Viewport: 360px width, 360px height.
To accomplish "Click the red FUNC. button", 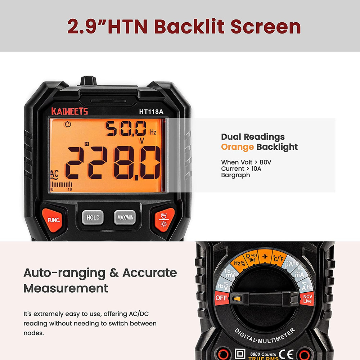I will click(x=54, y=220).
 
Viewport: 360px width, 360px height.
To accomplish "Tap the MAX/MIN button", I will click(x=125, y=217).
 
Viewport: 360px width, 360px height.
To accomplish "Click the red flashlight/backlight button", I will click(x=165, y=220).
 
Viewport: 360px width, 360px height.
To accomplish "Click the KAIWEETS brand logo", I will click(x=69, y=111).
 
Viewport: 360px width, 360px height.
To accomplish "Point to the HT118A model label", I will click(x=151, y=112).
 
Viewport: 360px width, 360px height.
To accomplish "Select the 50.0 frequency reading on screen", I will click(x=126, y=129).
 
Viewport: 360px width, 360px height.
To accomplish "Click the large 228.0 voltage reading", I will click(x=112, y=163).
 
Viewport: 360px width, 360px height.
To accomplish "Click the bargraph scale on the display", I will click(x=62, y=186).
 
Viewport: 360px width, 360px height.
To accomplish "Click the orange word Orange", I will click(x=238, y=147).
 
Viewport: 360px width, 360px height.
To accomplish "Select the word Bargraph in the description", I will click(x=235, y=175).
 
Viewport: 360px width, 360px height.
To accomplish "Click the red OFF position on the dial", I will click(x=222, y=298).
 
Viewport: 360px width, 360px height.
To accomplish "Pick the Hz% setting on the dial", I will click(x=239, y=262).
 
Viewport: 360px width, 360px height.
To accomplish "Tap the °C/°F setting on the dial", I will click(x=278, y=258).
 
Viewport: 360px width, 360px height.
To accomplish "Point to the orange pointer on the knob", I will click(x=237, y=298).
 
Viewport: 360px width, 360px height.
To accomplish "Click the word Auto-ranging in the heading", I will click(x=66, y=273).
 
